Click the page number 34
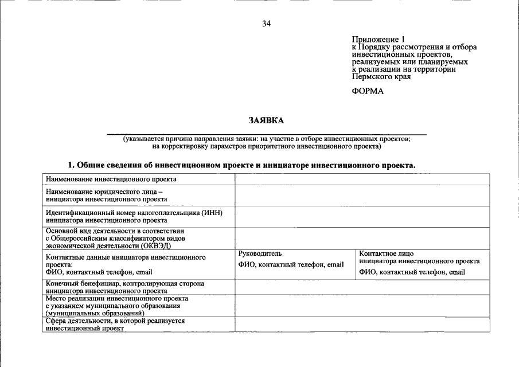[x=266, y=24]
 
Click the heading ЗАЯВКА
[x=266, y=120]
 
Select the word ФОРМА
[x=368, y=91]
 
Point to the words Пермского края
[x=381, y=76]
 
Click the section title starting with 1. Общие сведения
[x=241, y=165]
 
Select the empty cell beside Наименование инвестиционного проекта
[x=361, y=179]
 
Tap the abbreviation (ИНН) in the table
[x=211, y=213]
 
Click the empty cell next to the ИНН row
[x=361, y=216]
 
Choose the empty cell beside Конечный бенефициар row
[x=361, y=287]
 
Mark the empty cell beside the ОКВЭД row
[x=361, y=238]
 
